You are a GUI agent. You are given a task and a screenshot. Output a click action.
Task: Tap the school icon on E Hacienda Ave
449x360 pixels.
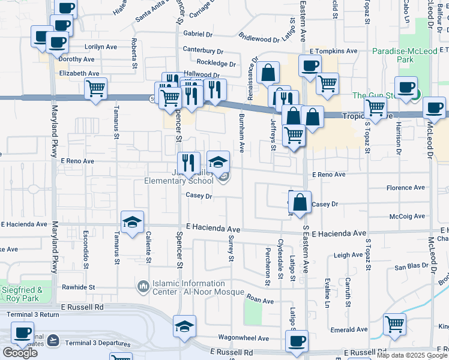[132, 222]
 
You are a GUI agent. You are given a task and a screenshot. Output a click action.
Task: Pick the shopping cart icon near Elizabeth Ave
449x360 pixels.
[96, 88]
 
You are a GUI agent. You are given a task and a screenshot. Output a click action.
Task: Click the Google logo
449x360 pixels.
[20, 353]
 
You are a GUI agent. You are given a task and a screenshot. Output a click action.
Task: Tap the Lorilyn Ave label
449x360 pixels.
[101, 46]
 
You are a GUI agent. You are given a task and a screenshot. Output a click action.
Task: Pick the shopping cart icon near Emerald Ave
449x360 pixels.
[395, 324]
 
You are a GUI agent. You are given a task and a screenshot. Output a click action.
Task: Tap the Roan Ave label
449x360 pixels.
[261, 301]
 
